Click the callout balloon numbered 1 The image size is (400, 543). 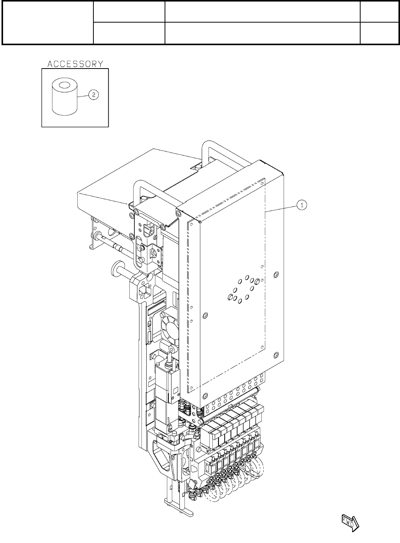pyautogui.click(x=302, y=206)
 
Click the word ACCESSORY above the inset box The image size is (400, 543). pyautogui.click(x=75, y=64)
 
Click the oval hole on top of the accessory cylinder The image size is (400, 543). pyautogui.click(x=64, y=85)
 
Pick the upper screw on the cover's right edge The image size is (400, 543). pyautogui.click(x=276, y=274)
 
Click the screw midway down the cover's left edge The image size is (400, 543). pyautogui.click(x=205, y=315)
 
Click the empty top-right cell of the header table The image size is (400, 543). pyautogui.click(x=378, y=11)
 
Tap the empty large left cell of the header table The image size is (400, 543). pyautogui.click(x=48, y=23)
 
